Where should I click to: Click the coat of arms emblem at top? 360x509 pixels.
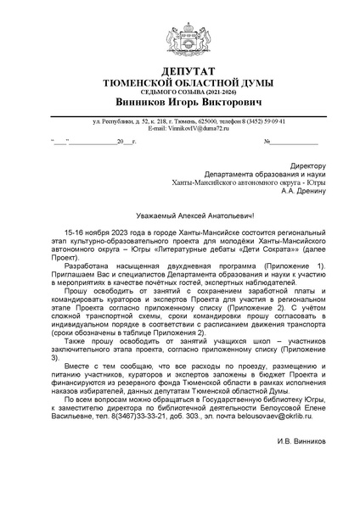coord(180,35)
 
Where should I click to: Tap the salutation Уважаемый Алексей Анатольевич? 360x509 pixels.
coord(180,215)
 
